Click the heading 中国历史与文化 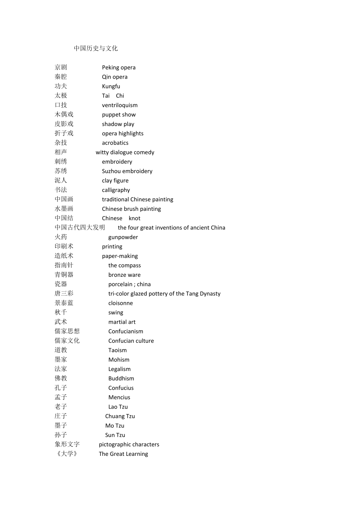point(96,48)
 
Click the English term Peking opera point(119,68)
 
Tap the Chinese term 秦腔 point(61,77)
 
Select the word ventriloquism point(120,105)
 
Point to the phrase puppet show point(119,115)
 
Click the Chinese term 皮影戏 point(64,124)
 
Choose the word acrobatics point(115,143)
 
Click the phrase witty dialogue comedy point(125,152)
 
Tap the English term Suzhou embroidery point(127,171)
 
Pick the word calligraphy point(116,190)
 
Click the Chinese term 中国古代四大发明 point(80,228)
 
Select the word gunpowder point(123,237)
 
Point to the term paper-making point(120,256)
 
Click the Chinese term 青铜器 point(64,275)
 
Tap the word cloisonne point(121,303)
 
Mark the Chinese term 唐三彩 point(64,294)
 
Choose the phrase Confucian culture point(131,341)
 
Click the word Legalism point(119,369)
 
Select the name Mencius point(119,397)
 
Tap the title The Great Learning point(123,454)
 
